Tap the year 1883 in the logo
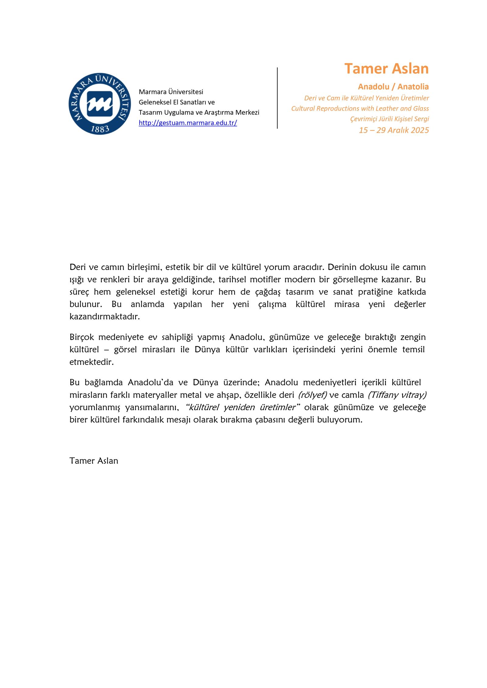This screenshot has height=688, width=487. pyautogui.click(x=100, y=129)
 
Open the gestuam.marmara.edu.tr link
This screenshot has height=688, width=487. pyautogui.click(x=188, y=123)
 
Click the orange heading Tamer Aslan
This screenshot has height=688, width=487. pyautogui.click(x=386, y=69)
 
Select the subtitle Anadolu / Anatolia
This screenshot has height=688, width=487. pyautogui.click(x=393, y=87)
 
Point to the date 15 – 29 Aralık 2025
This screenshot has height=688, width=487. pyautogui.click(x=394, y=130)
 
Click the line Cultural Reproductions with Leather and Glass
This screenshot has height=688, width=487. pyautogui.click(x=360, y=109)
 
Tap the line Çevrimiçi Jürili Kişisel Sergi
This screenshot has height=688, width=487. pyautogui.click(x=389, y=119)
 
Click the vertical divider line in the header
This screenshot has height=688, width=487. pyautogui.click(x=277, y=98)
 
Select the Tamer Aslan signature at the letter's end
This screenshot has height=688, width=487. pyautogui.click(x=94, y=461)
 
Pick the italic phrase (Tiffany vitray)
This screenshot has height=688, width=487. pyautogui.click(x=397, y=395)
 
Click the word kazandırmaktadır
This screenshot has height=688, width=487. pyautogui.click(x=105, y=316)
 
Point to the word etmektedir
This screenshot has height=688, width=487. pyautogui.click(x=91, y=362)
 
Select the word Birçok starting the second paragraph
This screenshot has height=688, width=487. pyautogui.click(x=82, y=337)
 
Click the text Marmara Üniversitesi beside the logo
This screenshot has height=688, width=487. pyautogui.click(x=171, y=92)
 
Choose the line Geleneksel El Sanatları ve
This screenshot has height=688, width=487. pyautogui.click(x=177, y=102)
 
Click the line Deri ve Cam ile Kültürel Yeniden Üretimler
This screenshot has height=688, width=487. pyautogui.click(x=366, y=98)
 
